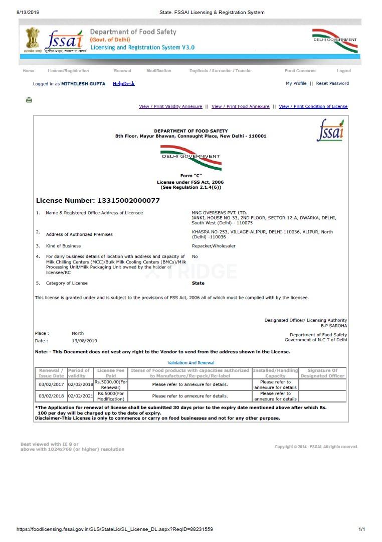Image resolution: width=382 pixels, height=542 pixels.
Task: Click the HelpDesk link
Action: pos(123,84)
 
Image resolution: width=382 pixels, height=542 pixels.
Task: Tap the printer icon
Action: pos(29,100)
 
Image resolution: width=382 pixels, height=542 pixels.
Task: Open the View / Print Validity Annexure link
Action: pos(170,106)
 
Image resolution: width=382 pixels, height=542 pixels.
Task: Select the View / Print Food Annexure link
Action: pos(240,106)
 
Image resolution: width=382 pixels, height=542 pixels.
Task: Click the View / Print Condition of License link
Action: pos(313,106)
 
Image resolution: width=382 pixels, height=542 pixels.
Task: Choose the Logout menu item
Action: pos(344,71)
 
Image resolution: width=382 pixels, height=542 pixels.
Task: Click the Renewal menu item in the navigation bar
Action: pos(122,71)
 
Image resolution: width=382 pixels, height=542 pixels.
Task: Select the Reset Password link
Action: pos(332,83)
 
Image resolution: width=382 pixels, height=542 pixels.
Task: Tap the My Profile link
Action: pos(296,83)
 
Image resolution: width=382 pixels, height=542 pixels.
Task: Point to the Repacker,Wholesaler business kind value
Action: pos(214,246)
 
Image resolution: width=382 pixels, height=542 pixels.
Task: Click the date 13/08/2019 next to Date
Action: pos(84,341)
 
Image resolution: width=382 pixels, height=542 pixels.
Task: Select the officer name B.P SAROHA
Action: pos(334,326)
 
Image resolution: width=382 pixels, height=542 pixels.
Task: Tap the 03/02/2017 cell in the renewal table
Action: pos(51,384)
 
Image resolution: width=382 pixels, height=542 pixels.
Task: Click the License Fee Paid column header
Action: pos(110,373)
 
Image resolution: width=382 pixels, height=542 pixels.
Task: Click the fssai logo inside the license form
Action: pos(330,130)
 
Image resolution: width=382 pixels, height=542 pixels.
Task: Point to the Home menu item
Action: pos(29,71)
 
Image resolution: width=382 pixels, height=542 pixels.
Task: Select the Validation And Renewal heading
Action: pos(190,362)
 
